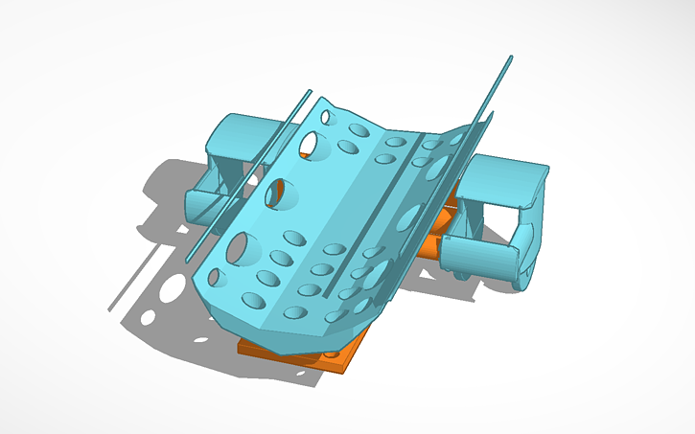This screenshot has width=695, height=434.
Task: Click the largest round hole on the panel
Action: [x=242, y=248]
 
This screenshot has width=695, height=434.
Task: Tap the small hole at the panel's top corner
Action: [x=326, y=117]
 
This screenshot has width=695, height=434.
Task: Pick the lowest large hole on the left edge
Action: [x=242, y=248]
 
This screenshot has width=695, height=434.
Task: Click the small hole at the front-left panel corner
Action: [x=217, y=278]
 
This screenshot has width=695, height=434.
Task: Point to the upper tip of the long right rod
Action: [x=510, y=58]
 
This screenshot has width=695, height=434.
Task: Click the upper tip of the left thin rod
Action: [x=309, y=92]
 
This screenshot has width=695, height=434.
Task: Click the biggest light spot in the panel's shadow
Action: [x=172, y=287]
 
